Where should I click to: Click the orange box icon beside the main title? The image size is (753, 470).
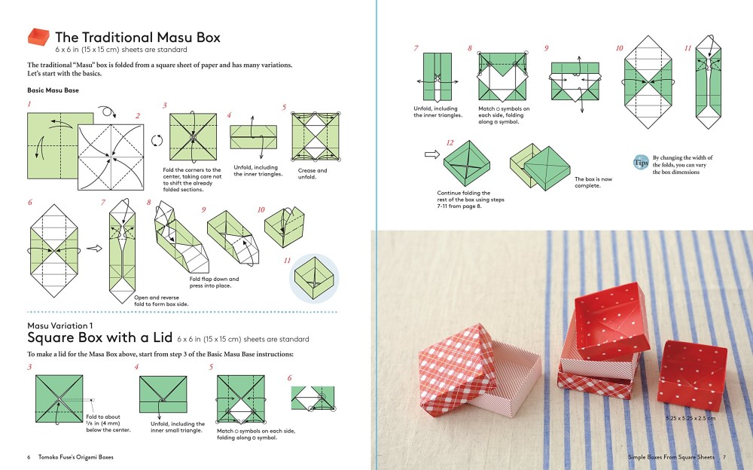click(x=38, y=37)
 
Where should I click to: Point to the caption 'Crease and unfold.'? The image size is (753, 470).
click(x=312, y=174)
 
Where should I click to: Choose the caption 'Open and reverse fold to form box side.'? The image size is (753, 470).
click(x=161, y=301)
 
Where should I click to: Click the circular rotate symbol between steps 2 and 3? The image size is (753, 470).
click(x=157, y=140)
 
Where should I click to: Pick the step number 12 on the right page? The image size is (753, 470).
click(x=450, y=142)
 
